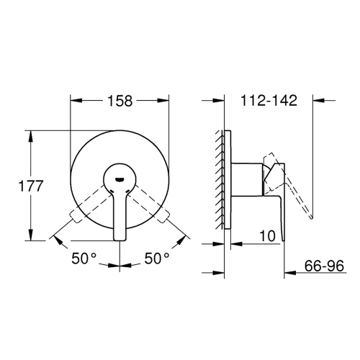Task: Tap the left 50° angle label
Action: point(85,257)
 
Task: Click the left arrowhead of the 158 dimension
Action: point(74,101)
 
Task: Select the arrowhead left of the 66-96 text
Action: point(289,272)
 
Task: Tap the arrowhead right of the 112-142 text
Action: point(307,101)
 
